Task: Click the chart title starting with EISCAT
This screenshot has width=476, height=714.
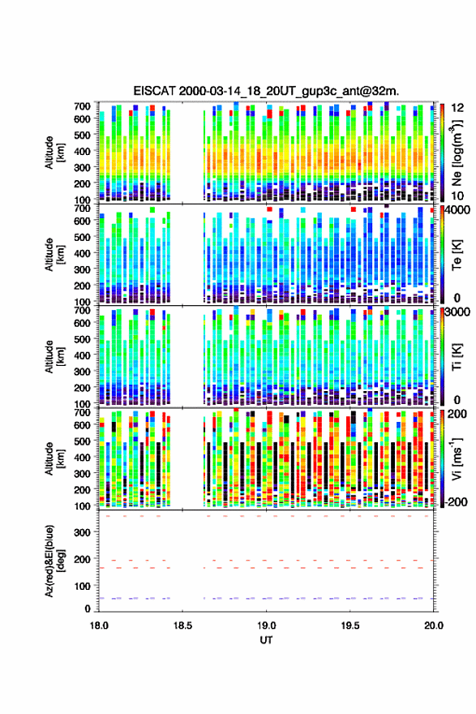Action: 266,91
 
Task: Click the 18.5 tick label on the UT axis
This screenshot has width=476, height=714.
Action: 182,626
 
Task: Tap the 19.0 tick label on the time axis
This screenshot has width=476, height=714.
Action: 266,626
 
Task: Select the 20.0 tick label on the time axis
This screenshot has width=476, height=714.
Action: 434,626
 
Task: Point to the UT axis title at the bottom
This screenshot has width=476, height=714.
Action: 266,640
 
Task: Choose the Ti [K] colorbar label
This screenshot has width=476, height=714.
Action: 457,356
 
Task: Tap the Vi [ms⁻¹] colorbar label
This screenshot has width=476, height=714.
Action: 457,459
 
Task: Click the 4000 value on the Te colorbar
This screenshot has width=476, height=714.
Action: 457,210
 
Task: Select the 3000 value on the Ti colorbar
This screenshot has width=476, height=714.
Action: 457,312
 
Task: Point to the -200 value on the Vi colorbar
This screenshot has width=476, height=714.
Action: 456,501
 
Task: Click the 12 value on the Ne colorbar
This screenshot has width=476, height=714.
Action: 457,108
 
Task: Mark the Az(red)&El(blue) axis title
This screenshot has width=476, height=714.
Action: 54,561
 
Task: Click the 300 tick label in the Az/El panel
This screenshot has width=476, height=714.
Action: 82,533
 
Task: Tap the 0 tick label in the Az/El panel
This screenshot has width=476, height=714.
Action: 88,609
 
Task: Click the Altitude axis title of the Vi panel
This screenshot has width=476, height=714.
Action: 54,458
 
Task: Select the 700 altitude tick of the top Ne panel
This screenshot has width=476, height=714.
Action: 82,106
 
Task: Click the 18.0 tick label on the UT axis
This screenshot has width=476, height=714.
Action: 99,626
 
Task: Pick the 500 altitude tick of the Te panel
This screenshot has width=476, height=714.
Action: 82,237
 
